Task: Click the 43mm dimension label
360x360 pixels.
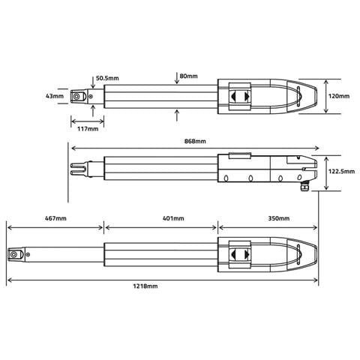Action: tap(55, 96)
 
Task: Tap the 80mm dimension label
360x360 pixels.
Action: tap(188, 76)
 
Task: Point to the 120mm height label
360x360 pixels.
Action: tap(340, 96)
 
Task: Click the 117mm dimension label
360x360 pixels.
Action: tap(88, 128)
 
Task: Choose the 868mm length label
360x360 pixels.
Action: tap(193, 141)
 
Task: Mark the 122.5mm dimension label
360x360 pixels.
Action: tap(340, 171)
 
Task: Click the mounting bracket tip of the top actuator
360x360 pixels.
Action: tap(78, 96)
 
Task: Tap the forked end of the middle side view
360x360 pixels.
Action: tap(76, 169)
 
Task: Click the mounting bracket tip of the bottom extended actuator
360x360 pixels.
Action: tap(14, 255)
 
